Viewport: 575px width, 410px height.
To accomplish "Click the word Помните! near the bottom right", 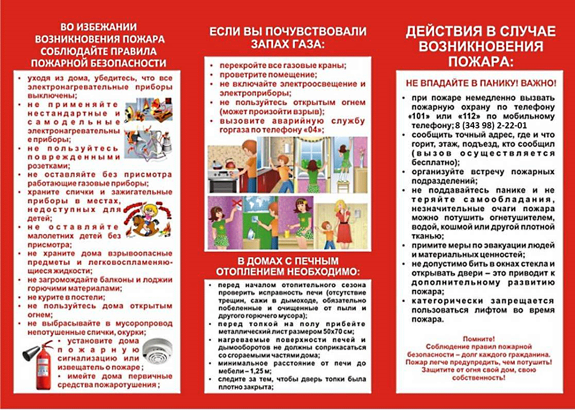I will click(479, 339).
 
